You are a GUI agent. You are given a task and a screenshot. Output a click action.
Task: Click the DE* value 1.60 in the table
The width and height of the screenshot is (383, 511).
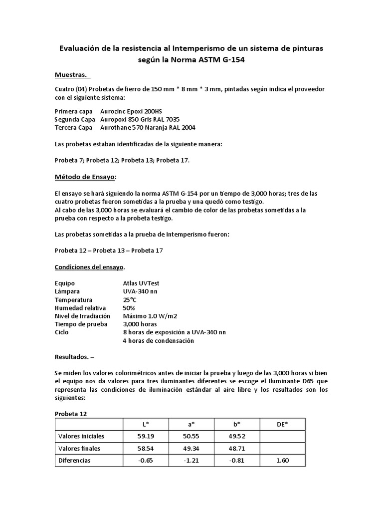point(282,460)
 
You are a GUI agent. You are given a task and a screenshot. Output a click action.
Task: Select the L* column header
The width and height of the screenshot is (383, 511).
point(146,424)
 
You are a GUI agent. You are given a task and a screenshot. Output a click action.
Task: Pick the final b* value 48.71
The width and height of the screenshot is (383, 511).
point(237,448)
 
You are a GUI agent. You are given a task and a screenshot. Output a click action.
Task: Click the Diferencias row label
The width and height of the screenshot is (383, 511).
point(75,460)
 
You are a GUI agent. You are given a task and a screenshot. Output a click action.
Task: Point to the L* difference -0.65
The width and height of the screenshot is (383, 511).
point(146,460)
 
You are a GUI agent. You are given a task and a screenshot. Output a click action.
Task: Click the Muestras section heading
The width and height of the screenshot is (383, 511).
point(71,75)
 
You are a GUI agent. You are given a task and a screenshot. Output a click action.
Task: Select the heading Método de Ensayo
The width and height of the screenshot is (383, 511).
point(85,177)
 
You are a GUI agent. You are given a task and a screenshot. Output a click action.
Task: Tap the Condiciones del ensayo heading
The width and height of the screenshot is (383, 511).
point(89,267)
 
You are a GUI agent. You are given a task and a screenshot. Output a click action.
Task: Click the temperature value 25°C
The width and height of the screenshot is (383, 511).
point(130,299)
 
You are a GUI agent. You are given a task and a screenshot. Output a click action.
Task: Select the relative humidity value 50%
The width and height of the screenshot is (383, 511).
point(129,308)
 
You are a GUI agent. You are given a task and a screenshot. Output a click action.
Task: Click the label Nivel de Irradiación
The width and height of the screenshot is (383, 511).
point(81,316)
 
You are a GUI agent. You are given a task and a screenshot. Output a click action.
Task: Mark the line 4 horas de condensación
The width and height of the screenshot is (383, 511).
point(158,341)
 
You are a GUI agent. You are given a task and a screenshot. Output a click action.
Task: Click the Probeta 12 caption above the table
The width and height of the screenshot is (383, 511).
point(70,414)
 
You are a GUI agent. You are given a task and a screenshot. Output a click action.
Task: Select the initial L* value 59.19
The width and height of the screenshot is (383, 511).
point(146,436)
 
